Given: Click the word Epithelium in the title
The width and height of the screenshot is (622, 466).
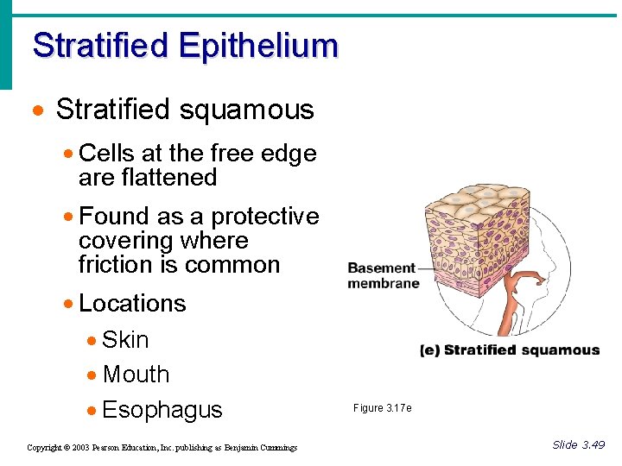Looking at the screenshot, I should coord(259,45).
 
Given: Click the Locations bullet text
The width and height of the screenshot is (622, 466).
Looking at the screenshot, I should coord(132,304).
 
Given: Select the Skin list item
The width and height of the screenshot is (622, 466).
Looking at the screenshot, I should coord(125,340).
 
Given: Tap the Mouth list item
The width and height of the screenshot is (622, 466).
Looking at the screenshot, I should coord(136,375).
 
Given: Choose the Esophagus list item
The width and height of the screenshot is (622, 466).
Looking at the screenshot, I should coord(162,410).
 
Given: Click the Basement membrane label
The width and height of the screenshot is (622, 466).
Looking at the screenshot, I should coord(383,275).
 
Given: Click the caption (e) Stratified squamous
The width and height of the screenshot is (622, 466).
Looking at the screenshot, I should coord(509,350).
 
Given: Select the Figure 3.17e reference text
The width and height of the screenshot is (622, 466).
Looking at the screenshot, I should coord(382,408).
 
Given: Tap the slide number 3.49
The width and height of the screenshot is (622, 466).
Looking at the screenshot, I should coord(593,444).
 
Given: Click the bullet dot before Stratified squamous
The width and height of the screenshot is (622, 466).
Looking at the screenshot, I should coord(36,111).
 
